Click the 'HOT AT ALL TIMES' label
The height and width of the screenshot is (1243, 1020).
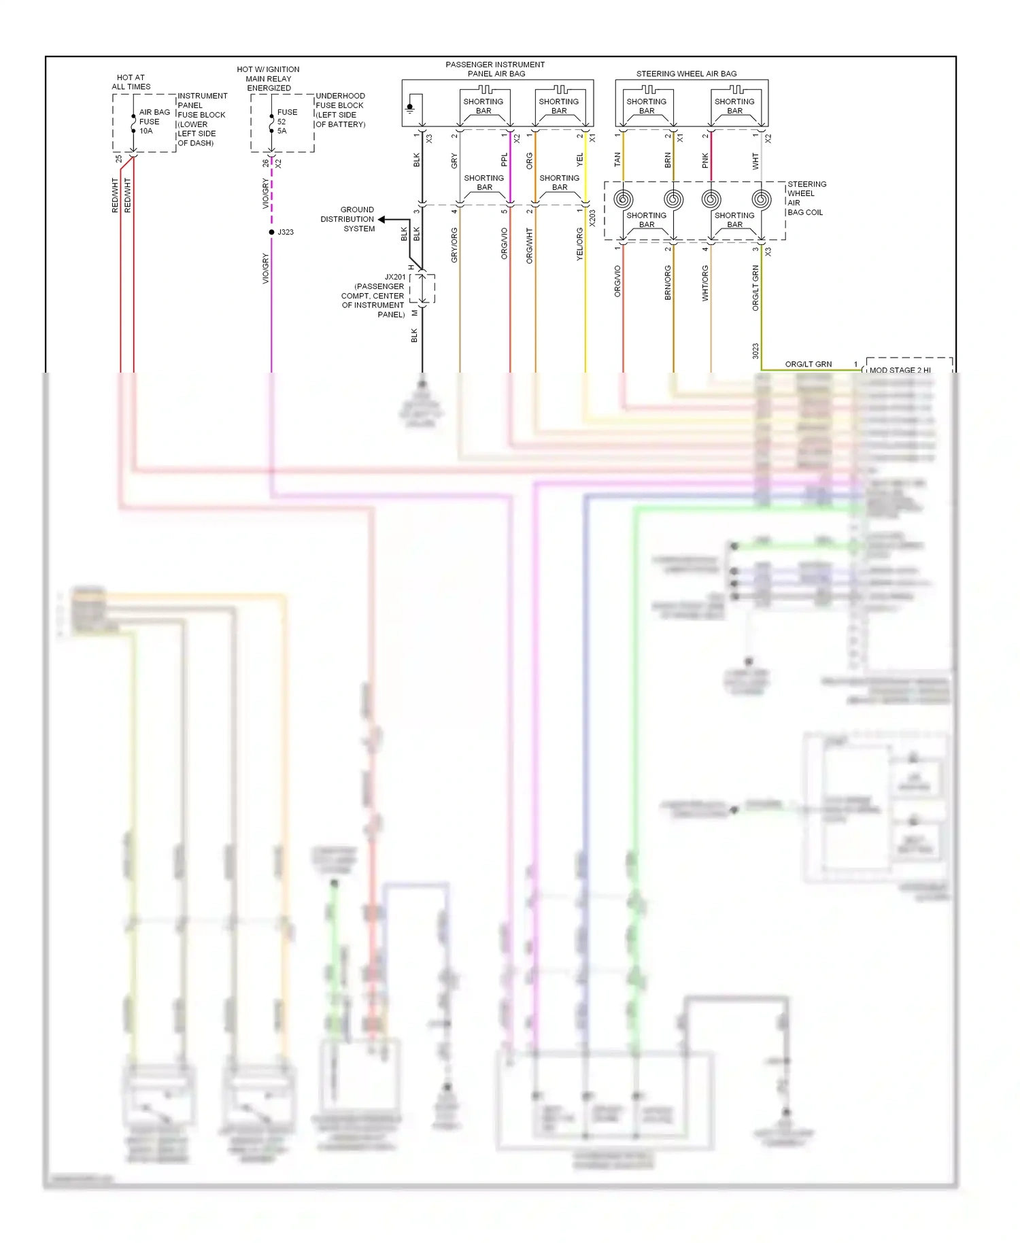coord(131,82)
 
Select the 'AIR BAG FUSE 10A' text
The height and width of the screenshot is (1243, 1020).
coord(154,122)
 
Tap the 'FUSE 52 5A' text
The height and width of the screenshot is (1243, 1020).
coord(286,122)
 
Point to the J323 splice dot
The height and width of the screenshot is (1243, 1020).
coord(271,233)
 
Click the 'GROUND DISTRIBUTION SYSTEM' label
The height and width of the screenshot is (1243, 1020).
coord(348,219)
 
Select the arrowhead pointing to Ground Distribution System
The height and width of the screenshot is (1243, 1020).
coord(382,220)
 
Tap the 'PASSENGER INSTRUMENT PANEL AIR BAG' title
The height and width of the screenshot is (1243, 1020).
coord(495,69)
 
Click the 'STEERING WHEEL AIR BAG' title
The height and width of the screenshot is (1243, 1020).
coord(686,73)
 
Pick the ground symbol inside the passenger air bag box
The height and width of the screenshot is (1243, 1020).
coord(410,108)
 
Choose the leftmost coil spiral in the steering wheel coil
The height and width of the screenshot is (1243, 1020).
coord(623,199)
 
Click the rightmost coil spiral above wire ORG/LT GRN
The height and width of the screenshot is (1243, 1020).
coord(762,199)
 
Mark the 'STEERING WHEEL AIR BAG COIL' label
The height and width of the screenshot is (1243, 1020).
coord(806,199)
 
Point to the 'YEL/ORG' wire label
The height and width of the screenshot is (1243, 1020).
coord(580,244)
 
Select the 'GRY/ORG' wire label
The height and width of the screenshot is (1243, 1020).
coord(454,245)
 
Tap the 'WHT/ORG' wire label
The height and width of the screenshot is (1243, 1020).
coord(705,283)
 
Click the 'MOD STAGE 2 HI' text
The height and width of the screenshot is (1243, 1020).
coord(900,370)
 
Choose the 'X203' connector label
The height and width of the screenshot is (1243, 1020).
coord(592,218)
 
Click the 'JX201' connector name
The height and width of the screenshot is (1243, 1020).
coord(394,277)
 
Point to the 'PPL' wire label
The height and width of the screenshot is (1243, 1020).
coord(504,160)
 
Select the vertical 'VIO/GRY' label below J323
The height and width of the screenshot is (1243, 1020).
coord(266,268)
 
